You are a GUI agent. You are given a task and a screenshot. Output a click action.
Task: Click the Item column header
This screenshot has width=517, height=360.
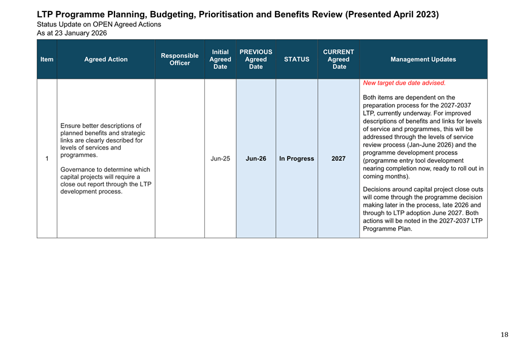pyautogui.click(x=47, y=59)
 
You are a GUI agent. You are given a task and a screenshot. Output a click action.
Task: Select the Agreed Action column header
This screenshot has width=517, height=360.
pyautogui.click(x=106, y=59)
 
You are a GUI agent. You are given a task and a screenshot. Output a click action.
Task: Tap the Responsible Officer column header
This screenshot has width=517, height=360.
pyautogui.click(x=179, y=59)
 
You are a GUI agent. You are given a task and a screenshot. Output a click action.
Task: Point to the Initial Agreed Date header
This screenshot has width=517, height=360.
pyautogui.click(x=220, y=59)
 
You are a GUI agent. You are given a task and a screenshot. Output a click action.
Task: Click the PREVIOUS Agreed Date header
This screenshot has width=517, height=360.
pyautogui.click(x=256, y=59)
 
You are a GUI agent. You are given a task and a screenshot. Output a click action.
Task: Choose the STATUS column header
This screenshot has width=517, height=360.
pyautogui.click(x=297, y=59)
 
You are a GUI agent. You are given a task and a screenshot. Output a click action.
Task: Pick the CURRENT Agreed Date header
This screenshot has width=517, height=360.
pyautogui.click(x=339, y=59)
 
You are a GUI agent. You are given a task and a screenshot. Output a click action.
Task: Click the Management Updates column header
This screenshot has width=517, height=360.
pyautogui.click(x=423, y=59)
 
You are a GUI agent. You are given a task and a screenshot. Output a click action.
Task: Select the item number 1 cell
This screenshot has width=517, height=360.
pyautogui.click(x=47, y=159)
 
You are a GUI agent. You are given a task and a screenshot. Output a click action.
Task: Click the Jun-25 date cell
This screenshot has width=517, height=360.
pyautogui.click(x=220, y=159)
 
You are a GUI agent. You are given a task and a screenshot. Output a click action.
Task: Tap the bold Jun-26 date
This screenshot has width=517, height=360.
pyautogui.click(x=256, y=159)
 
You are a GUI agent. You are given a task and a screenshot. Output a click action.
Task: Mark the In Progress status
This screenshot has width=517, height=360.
pyautogui.click(x=297, y=159)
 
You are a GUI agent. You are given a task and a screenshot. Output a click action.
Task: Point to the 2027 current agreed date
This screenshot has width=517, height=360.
pyautogui.click(x=339, y=159)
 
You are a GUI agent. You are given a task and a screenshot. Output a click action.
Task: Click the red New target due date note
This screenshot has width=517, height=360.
pyautogui.click(x=404, y=83)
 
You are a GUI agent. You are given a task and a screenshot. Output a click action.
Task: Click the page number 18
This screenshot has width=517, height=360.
pyautogui.click(x=504, y=335)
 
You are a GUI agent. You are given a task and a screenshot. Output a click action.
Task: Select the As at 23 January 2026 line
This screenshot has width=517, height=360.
pyautogui.click(x=72, y=33)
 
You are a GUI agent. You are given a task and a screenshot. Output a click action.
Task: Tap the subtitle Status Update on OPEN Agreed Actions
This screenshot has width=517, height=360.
pyautogui.click(x=99, y=25)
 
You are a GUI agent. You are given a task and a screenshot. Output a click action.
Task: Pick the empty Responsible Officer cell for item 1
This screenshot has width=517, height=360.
pyautogui.click(x=179, y=159)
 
